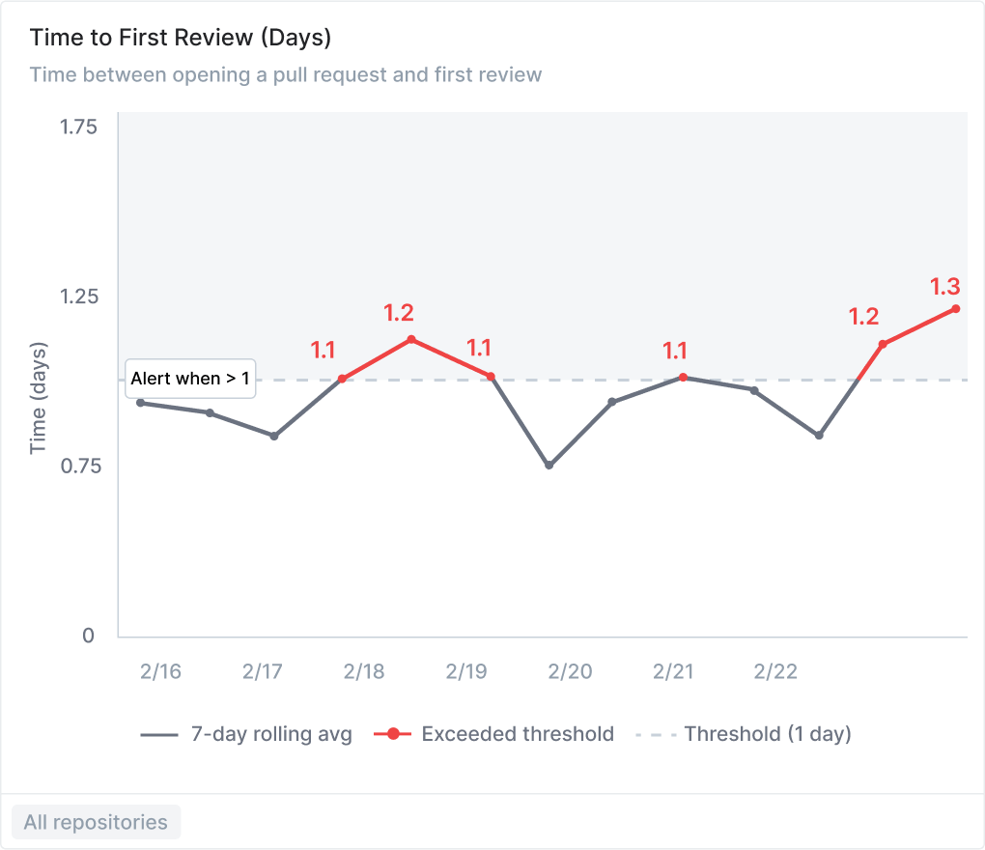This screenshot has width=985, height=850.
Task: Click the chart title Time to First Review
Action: pos(181,38)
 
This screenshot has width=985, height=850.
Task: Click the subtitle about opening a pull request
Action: pos(286,74)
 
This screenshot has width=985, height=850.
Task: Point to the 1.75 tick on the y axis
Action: pos(78,127)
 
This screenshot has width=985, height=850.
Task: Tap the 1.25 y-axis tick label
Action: pos(78,297)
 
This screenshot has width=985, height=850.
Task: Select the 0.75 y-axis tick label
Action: pos(78,466)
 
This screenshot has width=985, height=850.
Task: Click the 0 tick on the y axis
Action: pos(88,636)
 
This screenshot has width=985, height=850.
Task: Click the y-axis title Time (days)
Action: pos(39,397)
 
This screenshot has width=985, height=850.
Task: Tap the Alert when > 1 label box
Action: pos(190,379)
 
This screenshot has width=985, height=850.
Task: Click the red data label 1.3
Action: pos(944,287)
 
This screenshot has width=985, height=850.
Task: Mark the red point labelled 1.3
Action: pos(955,309)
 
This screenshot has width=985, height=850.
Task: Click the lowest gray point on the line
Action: pos(549,466)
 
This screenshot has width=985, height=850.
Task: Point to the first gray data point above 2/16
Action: pos(141,403)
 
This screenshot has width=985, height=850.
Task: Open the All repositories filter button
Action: pos(96,823)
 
